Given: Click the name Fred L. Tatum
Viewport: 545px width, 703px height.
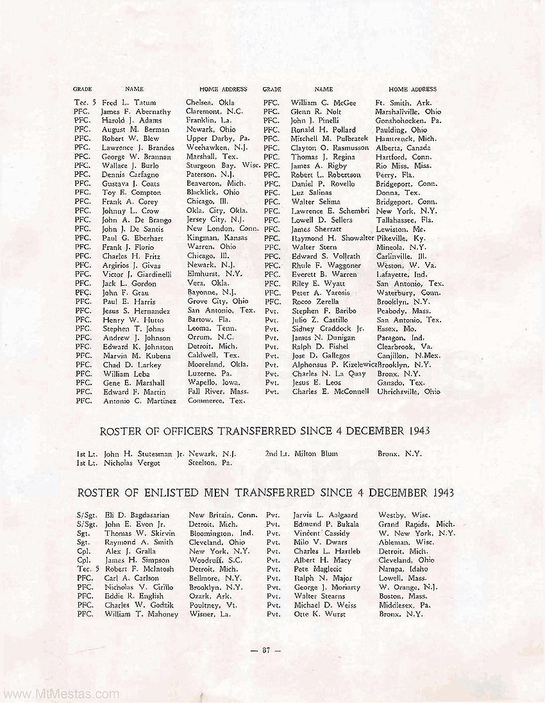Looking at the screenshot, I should [129, 103].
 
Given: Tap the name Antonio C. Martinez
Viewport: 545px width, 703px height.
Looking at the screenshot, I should [139, 401].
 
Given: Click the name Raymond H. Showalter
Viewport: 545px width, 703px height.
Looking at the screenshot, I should [332, 238].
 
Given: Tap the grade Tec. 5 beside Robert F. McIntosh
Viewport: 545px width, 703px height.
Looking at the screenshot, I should [87, 569].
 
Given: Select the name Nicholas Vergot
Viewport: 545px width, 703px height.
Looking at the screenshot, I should [131, 462].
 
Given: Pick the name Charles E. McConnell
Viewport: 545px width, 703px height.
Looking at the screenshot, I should [330, 392].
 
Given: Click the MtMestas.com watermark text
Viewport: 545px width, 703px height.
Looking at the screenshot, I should [60, 693].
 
